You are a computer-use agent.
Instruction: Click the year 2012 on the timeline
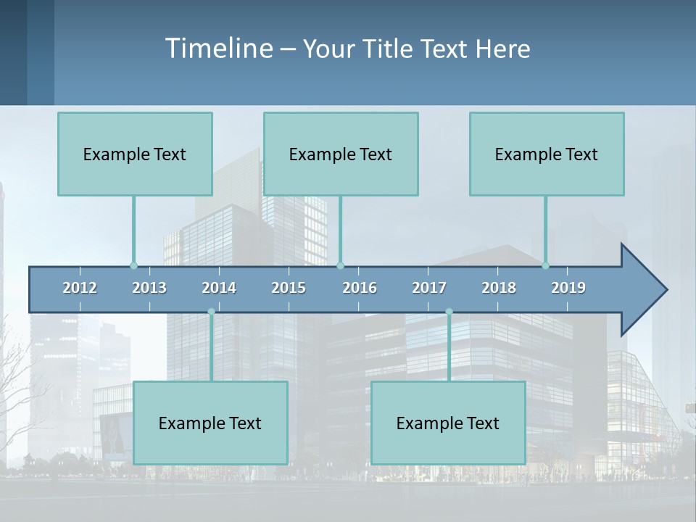80,288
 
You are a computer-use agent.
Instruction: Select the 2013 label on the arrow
149,288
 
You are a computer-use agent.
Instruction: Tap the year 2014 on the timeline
219,288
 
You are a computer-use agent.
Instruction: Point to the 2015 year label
289,288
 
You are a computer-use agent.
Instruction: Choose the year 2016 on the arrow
360,288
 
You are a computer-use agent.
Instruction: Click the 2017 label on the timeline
429,288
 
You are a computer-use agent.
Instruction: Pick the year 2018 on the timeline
499,288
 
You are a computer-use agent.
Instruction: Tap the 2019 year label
568,288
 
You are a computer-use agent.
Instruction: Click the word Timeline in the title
218,49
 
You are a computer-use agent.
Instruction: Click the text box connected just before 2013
135,154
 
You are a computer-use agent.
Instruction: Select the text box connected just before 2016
341,154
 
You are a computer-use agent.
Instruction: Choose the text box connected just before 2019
547,154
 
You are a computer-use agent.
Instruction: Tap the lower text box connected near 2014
210,423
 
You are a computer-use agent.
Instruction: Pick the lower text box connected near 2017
448,423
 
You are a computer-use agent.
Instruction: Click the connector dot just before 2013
133,265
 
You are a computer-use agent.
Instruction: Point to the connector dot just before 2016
340,265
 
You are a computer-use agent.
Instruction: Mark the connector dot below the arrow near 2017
449,312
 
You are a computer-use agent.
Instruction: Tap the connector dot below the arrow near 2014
211,312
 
